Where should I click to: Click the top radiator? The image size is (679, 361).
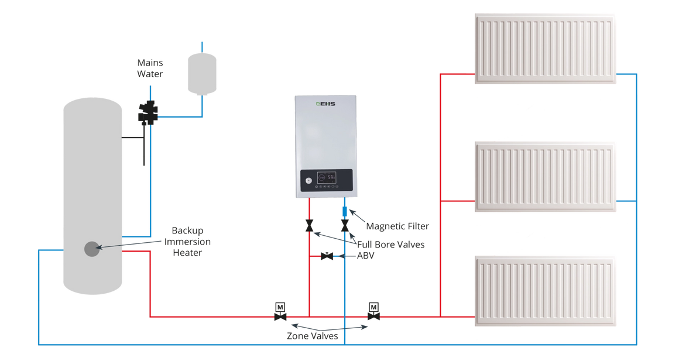point(546,49)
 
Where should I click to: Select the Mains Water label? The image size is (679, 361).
point(150,68)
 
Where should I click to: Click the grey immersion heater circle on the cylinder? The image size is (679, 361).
point(91,249)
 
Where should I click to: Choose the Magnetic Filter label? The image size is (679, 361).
point(397,226)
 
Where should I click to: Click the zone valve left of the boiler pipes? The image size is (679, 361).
point(280,312)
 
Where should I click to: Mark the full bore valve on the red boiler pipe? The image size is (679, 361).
point(309,225)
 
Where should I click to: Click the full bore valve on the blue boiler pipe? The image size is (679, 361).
point(345,225)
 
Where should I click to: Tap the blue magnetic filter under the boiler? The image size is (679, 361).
point(344,209)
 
